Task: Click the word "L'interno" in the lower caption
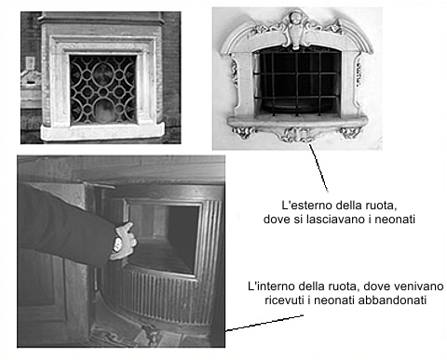tap(270, 286)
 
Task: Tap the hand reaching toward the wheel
tap(123, 241)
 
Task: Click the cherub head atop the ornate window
tap(295, 19)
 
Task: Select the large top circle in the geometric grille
tap(102, 73)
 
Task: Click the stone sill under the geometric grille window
tap(102, 132)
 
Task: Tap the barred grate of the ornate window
tap(297, 82)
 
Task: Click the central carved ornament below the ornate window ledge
tap(296, 136)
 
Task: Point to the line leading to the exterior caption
tap(318, 167)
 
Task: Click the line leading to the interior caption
tap(264, 323)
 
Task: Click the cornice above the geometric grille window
tap(102, 19)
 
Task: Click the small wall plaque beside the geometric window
tap(30, 62)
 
